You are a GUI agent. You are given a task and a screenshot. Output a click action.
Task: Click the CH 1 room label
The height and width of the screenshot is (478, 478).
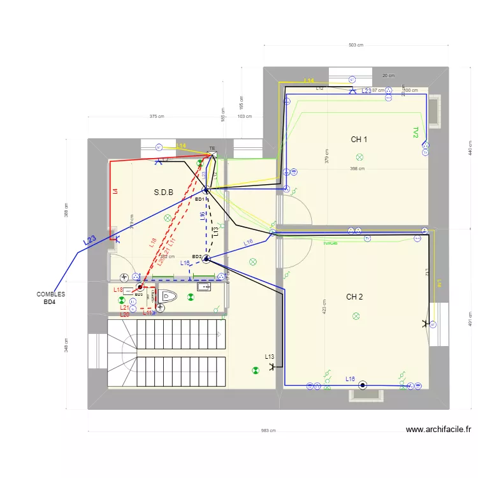click(359, 139)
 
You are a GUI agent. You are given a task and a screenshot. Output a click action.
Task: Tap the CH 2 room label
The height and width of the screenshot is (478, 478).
click(354, 297)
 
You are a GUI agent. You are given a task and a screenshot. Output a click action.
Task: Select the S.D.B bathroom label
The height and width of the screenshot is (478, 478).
click(164, 192)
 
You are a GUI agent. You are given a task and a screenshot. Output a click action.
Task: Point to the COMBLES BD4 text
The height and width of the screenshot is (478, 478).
click(51, 298)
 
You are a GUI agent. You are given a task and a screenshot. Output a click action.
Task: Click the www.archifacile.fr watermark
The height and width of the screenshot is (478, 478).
click(438, 430)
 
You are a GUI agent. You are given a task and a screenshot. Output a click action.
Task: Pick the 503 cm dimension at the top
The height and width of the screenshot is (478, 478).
click(356, 45)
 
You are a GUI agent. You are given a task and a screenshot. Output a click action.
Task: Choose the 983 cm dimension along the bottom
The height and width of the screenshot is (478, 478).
click(268, 430)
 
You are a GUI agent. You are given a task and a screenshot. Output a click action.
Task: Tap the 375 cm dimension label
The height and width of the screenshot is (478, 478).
click(157, 117)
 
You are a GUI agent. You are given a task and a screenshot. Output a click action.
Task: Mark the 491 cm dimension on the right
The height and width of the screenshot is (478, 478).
click(470, 318)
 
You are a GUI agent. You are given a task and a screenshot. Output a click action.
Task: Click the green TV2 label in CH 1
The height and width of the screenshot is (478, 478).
click(416, 132)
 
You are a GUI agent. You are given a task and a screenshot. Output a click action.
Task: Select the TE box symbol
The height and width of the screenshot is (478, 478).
click(212, 154)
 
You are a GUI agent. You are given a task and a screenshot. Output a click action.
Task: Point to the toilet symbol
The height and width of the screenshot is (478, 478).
click(167, 296)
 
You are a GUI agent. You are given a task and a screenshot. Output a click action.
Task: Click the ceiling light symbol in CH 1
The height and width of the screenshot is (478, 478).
click(359, 157)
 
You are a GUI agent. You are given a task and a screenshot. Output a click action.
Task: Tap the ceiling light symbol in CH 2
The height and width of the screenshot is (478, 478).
click(356, 315)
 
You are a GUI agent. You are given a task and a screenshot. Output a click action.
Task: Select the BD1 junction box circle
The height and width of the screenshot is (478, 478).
click(206, 190)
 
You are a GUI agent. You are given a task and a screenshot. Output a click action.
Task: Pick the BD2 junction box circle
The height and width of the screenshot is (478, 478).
click(206, 258)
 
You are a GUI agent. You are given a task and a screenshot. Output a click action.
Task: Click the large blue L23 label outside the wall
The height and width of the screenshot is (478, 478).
click(89, 241)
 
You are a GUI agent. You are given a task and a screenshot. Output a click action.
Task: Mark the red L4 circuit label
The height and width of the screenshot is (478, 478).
click(115, 191)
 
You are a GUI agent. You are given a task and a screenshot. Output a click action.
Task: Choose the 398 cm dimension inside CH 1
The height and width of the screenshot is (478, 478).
click(357, 169)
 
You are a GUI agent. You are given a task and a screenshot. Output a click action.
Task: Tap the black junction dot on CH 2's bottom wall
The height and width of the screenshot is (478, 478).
click(363, 385)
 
